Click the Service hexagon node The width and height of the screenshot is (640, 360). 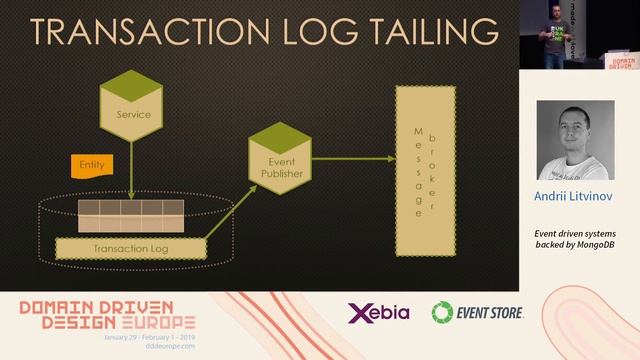pos(131,111)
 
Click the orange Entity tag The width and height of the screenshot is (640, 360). pos(92,163)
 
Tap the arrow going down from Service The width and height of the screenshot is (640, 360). pos(131,170)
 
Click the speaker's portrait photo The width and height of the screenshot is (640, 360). pos(575,140)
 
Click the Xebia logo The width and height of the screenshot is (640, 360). pos(378,313)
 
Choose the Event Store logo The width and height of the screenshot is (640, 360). pos(478,313)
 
